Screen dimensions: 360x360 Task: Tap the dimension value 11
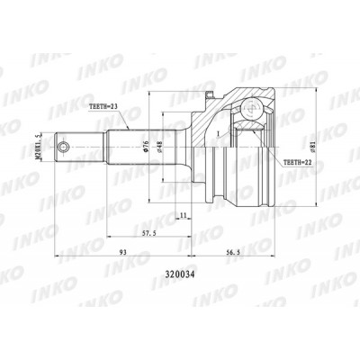[x=183, y=217]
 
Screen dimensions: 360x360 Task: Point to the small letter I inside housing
[x=215, y=132]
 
